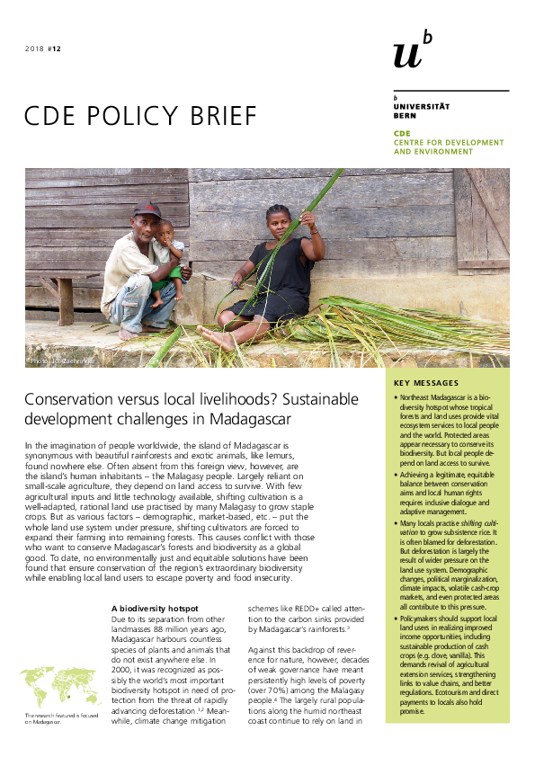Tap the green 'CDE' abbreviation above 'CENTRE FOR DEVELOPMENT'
401,133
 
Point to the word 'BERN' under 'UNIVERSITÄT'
404,114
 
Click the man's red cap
147,210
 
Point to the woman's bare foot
212,338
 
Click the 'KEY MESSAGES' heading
426,384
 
